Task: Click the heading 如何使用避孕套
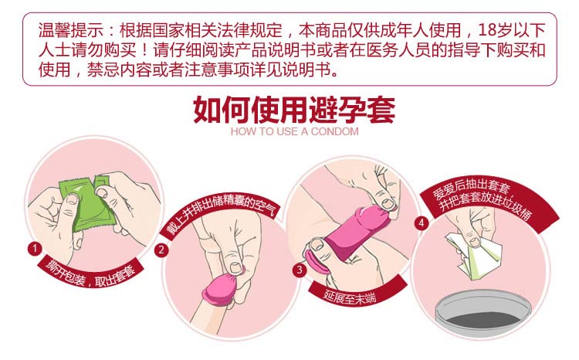[x=294, y=110]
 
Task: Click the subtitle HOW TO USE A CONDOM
[x=294, y=131]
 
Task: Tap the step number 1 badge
[x=35, y=249]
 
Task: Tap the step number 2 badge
[x=161, y=250]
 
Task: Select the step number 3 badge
[x=300, y=270]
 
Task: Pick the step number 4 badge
[x=422, y=222]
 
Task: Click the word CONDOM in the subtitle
[x=334, y=131]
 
